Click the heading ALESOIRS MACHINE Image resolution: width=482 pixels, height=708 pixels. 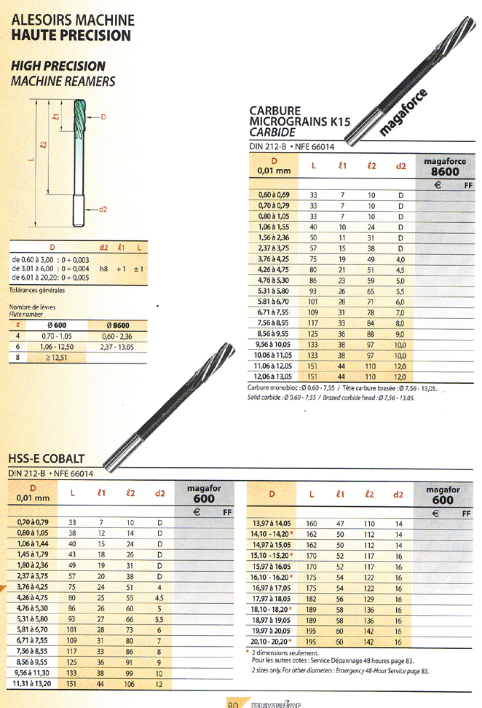coord(73,20)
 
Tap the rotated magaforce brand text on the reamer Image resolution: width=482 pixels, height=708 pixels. coord(403,112)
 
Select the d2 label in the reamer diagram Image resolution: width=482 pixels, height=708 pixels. coord(103,209)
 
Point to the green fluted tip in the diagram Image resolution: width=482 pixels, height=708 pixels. coord(79,119)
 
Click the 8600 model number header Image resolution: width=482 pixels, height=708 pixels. coord(445,172)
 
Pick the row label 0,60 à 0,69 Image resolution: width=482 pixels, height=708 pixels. coord(274,195)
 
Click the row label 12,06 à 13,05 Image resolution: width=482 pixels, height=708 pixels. coord(272,377)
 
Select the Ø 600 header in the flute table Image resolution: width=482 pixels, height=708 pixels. coord(57,325)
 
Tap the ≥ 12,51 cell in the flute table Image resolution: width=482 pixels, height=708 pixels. coord(57,358)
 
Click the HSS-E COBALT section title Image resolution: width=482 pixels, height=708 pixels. coord(47,459)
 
